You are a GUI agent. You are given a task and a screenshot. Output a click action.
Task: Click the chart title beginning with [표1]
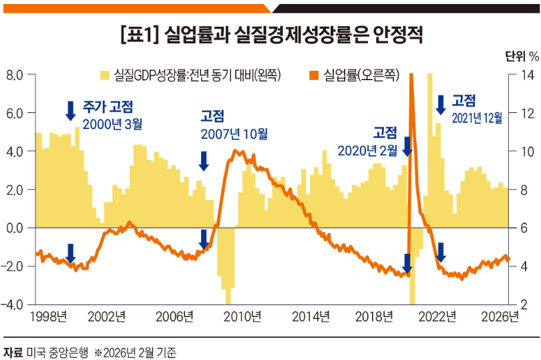pyautogui.click(x=270, y=35)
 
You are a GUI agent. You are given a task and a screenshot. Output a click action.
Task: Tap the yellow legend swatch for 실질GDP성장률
pyautogui.click(x=105, y=75)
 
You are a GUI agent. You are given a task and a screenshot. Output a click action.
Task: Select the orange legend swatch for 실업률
pyautogui.click(x=313, y=75)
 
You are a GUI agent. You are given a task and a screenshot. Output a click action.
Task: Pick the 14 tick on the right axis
pyautogui.click(x=523, y=75)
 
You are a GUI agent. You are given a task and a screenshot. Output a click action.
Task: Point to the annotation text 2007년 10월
pyautogui.click(x=234, y=134)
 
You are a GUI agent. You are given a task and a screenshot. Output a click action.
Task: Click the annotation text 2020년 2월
pyautogui.click(x=365, y=148)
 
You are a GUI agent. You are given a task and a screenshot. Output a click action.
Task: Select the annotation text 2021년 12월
pyautogui.click(x=477, y=118)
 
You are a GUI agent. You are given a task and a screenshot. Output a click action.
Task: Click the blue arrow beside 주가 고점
pyautogui.click(x=70, y=110)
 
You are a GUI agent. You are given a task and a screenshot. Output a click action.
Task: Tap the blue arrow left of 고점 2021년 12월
pyautogui.click(x=440, y=104)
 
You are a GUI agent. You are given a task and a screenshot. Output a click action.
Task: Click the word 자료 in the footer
pyautogui.click(x=13, y=350)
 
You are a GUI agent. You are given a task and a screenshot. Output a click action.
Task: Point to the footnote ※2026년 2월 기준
pyautogui.click(x=137, y=350)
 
